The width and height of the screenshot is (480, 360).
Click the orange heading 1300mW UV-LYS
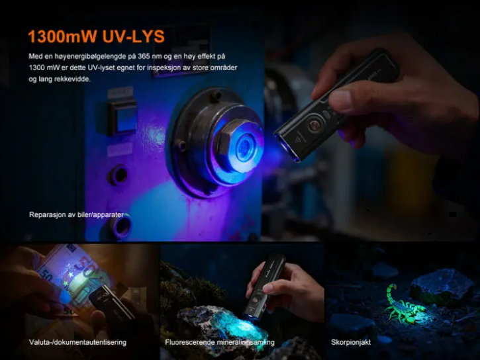(x=96, y=36)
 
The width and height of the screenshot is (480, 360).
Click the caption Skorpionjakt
(x=351, y=342)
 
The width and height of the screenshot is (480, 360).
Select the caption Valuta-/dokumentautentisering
(x=77, y=342)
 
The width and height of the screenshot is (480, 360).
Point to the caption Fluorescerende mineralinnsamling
(x=220, y=342)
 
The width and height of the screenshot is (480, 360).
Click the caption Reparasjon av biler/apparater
(x=77, y=214)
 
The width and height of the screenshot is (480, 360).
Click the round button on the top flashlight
(x=314, y=125)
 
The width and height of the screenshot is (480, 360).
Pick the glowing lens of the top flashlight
(x=285, y=148)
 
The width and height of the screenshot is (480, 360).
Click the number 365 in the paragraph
(x=144, y=56)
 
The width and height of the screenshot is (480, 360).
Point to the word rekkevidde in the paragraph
(x=72, y=79)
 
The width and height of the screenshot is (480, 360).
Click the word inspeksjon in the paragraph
(x=164, y=67)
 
